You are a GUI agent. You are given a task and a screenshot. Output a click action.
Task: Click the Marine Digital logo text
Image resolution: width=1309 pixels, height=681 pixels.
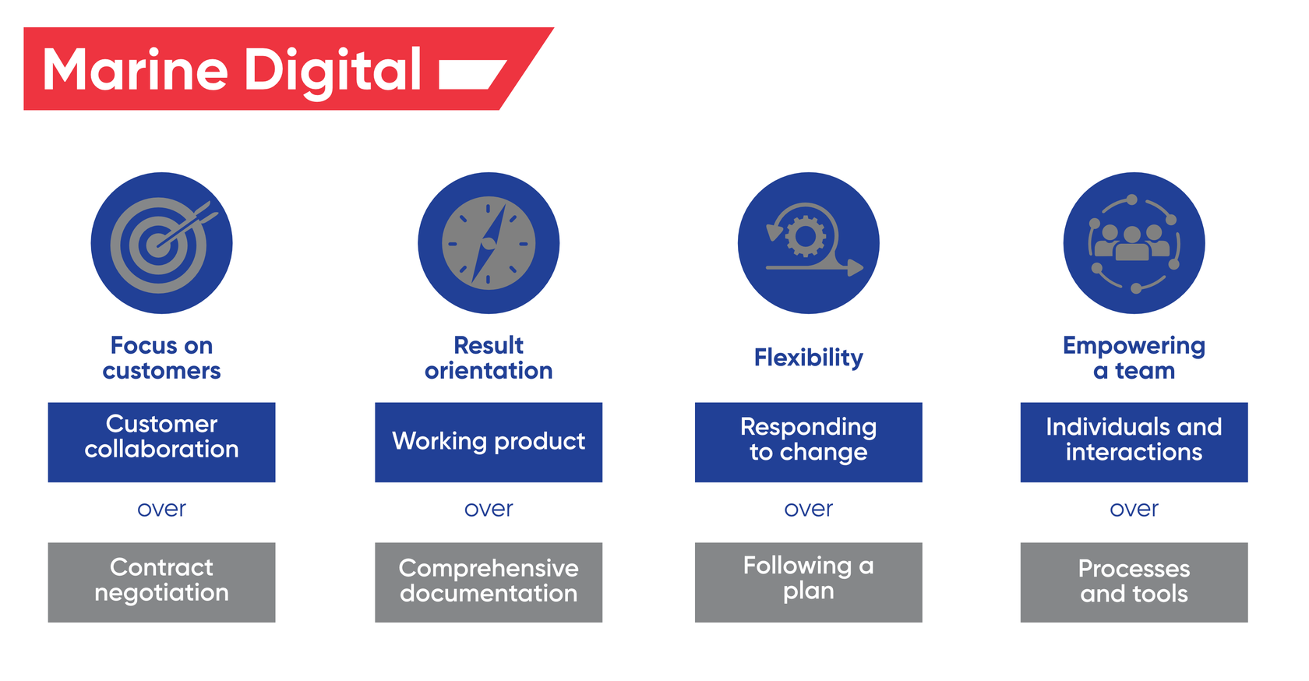pos(232,70)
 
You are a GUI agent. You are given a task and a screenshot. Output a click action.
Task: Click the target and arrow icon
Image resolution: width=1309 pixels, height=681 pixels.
pos(161,243)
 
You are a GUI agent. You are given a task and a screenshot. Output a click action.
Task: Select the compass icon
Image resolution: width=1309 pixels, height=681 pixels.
pos(489,243)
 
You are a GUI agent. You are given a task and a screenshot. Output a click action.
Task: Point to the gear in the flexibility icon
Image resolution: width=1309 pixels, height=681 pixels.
pos(805,235)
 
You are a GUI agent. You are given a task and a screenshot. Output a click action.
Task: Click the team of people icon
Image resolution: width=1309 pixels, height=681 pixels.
pos(1134,243)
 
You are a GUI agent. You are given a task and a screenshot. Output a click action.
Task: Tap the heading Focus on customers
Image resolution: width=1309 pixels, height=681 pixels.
pos(161,358)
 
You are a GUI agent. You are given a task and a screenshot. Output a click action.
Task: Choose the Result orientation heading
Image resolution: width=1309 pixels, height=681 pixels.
pos(489,358)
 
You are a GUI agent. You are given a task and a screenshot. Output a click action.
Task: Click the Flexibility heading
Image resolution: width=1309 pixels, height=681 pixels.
pos(808,358)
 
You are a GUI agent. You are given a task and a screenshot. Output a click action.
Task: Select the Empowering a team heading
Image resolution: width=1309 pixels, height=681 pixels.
pos(1134,358)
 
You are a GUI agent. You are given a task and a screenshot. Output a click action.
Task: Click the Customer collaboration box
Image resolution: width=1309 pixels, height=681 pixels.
pos(161,442)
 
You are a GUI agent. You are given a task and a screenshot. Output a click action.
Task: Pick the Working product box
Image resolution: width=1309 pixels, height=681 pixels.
pos(489,442)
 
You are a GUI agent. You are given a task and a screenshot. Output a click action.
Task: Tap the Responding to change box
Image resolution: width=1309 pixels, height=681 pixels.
pos(808,442)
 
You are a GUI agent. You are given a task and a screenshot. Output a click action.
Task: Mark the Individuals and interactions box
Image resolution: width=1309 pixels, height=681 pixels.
pos(1134,442)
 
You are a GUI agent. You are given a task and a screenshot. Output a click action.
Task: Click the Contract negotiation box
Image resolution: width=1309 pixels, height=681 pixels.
pos(161,582)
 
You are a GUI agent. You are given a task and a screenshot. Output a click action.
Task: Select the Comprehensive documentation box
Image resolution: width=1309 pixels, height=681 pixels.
pos(489,582)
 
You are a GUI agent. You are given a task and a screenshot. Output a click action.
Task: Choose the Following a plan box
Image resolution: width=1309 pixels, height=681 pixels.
pos(808,582)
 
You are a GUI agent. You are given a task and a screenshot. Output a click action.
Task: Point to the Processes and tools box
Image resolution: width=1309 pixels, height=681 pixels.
pos(1134,582)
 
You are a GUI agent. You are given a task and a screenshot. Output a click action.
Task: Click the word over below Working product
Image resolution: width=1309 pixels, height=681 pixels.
pos(489,510)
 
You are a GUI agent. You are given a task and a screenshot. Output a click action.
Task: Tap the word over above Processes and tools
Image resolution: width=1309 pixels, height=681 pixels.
pos(1134,510)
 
